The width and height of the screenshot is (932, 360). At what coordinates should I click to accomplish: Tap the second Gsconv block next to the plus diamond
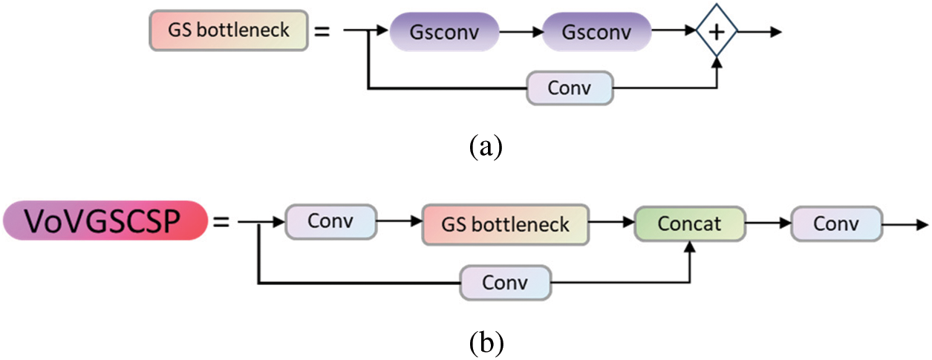coord(596,32)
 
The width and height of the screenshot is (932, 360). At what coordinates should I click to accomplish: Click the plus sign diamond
coord(717,32)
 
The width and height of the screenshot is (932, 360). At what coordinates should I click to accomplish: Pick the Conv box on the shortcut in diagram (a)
coord(570,88)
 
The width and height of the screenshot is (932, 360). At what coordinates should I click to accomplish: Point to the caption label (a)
coord(486,145)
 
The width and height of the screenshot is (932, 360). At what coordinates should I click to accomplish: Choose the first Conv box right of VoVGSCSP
coord(331,223)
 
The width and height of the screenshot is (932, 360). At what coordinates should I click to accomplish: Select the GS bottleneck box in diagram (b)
coord(506,223)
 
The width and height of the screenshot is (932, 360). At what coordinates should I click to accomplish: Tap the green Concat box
coord(690,223)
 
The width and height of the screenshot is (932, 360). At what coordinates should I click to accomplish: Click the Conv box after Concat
coord(837,223)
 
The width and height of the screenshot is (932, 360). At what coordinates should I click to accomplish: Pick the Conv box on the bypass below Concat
coord(506,283)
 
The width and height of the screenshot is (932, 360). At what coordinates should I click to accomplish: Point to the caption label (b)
coord(486,341)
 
